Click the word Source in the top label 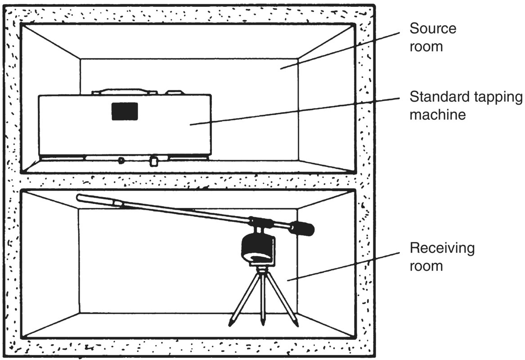click(432, 29)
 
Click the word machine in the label click(437, 114)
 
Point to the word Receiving click(441, 248)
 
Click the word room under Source click(426, 46)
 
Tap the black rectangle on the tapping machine click(125, 111)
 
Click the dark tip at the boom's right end click(303, 229)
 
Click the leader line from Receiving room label click(342, 266)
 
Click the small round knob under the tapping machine click(121, 160)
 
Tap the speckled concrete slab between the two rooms click(189, 181)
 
